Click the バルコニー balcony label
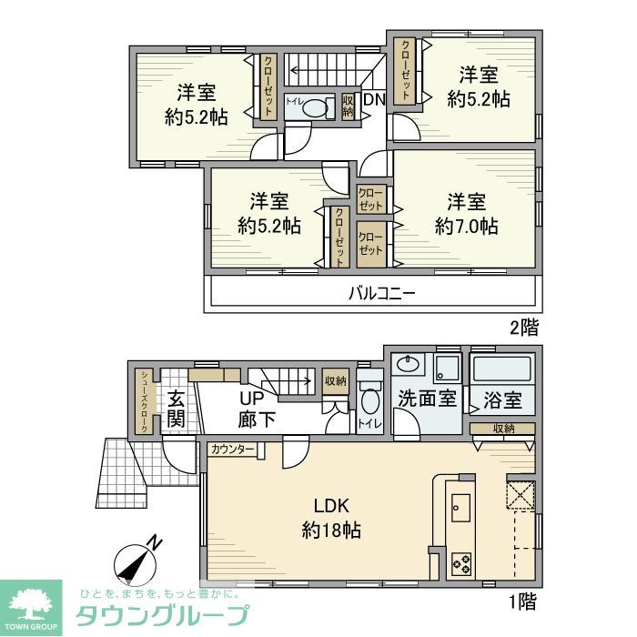point(382,294)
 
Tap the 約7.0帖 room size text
point(466,226)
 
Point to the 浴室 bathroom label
point(502,399)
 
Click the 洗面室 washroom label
point(427,399)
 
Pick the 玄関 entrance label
point(177,408)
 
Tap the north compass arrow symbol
point(138,561)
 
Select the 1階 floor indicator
point(522,601)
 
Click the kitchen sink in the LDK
point(460,507)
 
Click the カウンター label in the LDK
point(233,450)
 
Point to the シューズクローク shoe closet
point(145,402)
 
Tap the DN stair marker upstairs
point(373,100)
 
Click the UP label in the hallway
point(252,399)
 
